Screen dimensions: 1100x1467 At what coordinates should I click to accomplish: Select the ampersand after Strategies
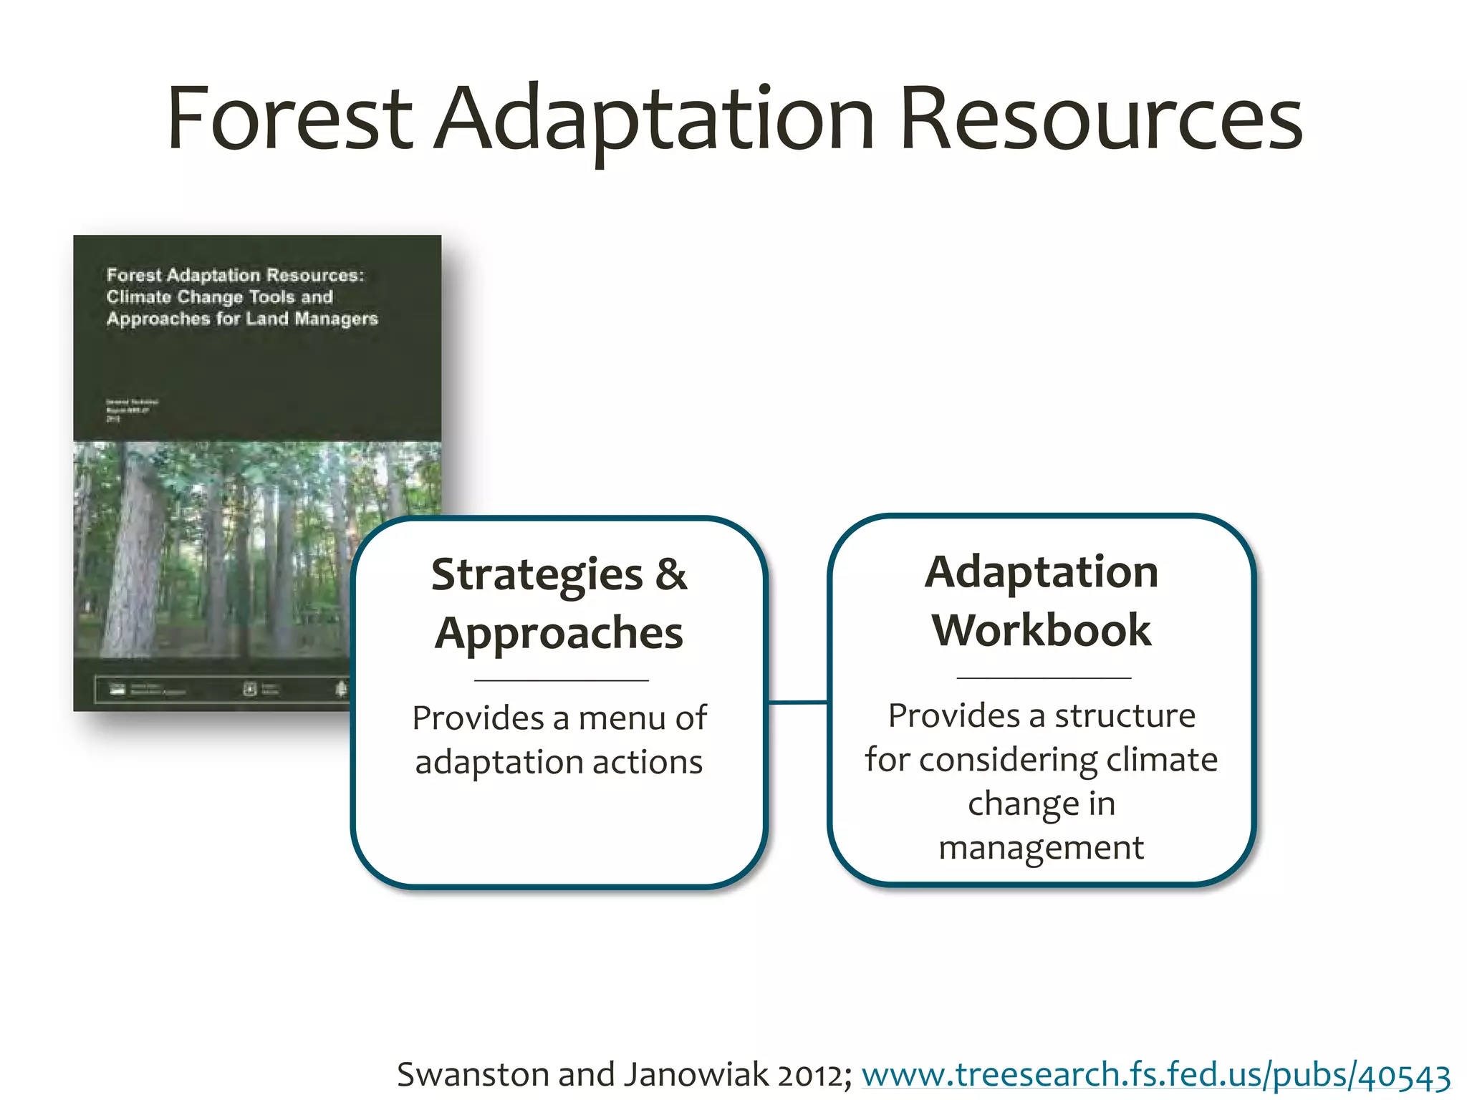coord(670,574)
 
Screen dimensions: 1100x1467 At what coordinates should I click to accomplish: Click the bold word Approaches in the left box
coord(559,633)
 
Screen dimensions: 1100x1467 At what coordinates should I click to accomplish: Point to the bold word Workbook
coord(1041,630)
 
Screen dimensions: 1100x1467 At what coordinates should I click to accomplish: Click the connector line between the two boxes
coord(797,703)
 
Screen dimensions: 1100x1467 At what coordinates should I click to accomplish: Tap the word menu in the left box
coord(621,718)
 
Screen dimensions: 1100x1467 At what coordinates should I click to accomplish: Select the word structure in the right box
coord(1125,715)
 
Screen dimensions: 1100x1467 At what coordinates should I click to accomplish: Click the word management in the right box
coord(1041,848)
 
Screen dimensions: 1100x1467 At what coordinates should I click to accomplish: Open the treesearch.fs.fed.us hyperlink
coord(1155,1075)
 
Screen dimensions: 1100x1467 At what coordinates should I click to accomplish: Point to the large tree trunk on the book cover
coord(136,551)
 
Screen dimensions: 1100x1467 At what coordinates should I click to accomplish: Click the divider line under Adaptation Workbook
coord(1044,677)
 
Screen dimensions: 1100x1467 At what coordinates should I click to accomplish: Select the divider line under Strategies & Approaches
coord(561,680)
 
